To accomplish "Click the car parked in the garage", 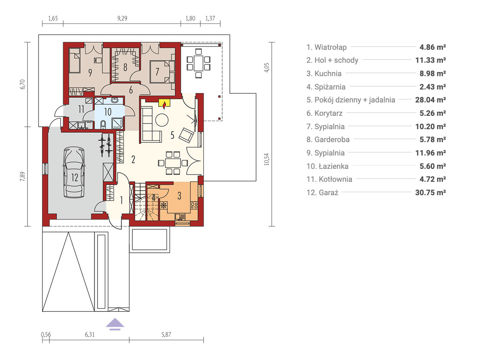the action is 74,172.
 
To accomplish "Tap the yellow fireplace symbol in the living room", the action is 164,103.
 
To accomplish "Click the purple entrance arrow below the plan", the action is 115,324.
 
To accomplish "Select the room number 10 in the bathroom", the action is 108,112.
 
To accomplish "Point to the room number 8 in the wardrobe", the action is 125,67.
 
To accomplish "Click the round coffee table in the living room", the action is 162,120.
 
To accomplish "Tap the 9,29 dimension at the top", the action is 122,18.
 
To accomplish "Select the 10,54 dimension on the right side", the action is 267,159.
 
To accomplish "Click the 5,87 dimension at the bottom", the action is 166,334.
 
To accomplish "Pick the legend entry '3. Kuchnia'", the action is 324,74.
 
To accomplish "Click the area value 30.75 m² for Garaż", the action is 430,192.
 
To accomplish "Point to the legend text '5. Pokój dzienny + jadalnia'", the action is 351,100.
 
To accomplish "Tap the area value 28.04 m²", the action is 430,100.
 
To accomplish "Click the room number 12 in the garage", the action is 74,177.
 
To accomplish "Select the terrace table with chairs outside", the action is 198,63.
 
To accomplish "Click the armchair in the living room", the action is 187,135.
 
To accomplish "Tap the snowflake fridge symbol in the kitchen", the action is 163,205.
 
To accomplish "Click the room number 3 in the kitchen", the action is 179,196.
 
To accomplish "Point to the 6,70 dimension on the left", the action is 22,85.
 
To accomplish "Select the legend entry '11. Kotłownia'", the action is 329,179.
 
